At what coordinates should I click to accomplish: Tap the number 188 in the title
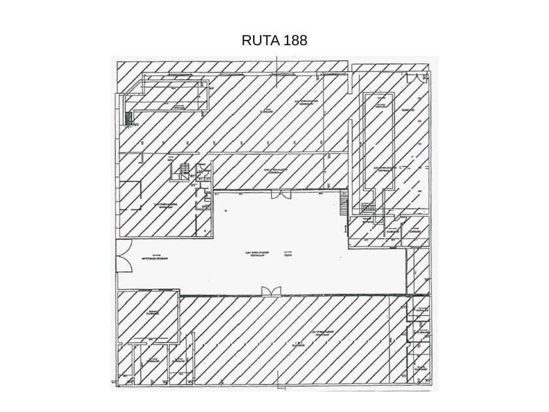pyautogui.click(x=295, y=41)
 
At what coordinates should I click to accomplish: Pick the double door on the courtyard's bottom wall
pyautogui.click(x=269, y=291)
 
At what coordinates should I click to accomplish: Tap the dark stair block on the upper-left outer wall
pyautogui.click(x=129, y=117)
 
